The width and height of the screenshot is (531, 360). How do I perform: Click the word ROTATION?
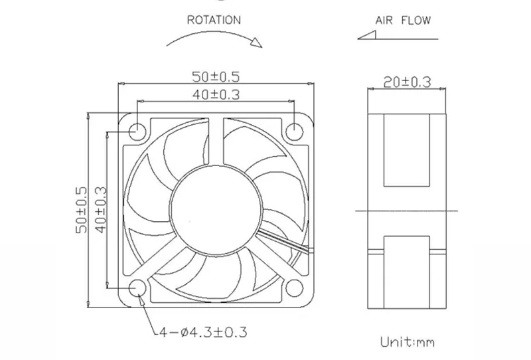(214, 20)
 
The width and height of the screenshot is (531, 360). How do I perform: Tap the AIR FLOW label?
(403, 21)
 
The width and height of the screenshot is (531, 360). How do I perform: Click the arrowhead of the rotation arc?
(256, 43)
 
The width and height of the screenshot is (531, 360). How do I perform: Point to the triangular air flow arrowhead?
(367, 35)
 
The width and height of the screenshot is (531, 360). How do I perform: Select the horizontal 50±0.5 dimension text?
(216, 76)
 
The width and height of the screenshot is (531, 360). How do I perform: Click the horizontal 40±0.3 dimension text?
(216, 94)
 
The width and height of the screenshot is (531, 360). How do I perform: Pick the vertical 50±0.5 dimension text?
(81, 210)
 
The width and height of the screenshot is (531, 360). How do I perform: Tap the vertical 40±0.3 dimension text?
(101, 210)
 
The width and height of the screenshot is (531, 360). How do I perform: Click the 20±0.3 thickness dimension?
(407, 82)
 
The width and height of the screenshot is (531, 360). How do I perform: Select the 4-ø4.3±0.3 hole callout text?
(203, 332)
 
